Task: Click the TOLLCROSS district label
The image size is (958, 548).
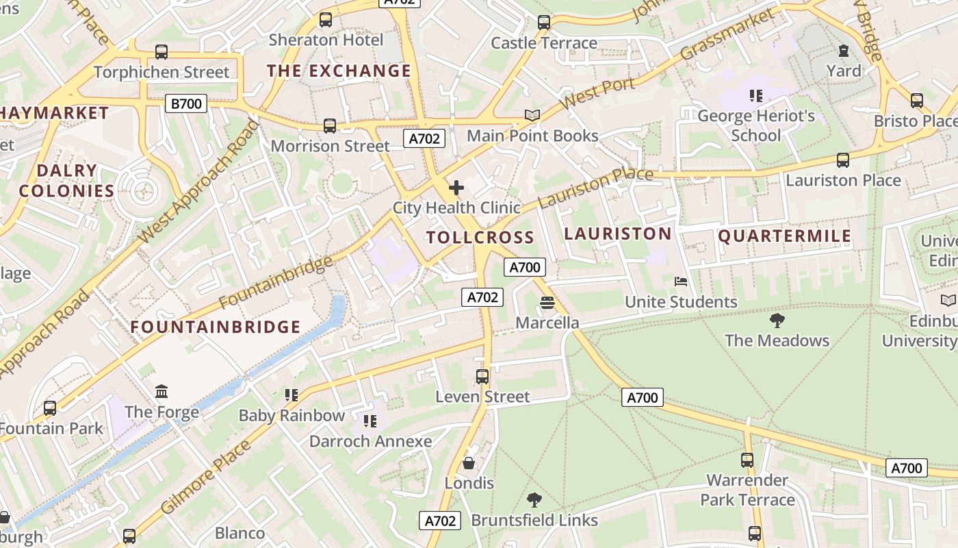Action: click(x=480, y=238)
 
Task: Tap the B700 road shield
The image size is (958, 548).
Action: click(x=186, y=104)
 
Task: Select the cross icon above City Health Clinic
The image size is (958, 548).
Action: click(x=456, y=188)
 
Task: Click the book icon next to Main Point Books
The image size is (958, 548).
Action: click(x=532, y=115)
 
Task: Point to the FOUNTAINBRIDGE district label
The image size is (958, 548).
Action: click(x=216, y=327)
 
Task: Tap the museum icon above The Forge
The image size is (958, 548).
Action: click(x=161, y=392)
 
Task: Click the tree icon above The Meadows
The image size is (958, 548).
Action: click(x=777, y=320)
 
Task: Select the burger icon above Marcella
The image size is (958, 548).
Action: click(x=547, y=302)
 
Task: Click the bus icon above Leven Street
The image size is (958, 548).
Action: click(x=482, y=376)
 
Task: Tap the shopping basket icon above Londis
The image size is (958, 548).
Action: click(x=469, y=463)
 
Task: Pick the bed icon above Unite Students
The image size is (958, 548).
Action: click(x=680, y=282)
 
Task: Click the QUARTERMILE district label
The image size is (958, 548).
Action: click(x=784, y=236)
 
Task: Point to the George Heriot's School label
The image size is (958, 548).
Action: click(x=755, y=125)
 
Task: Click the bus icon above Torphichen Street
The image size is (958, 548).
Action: click(x=161, y=51)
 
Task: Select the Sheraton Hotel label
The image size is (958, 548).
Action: click(x=326, y=40)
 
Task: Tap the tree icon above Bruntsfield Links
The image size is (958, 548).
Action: click(x=534, y=499)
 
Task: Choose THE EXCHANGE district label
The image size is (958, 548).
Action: click(x=339, y=71)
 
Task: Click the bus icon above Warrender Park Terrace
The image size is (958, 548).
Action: click(x=747, y=460)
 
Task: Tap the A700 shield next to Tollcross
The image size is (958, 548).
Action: click(x=524, y=267)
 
